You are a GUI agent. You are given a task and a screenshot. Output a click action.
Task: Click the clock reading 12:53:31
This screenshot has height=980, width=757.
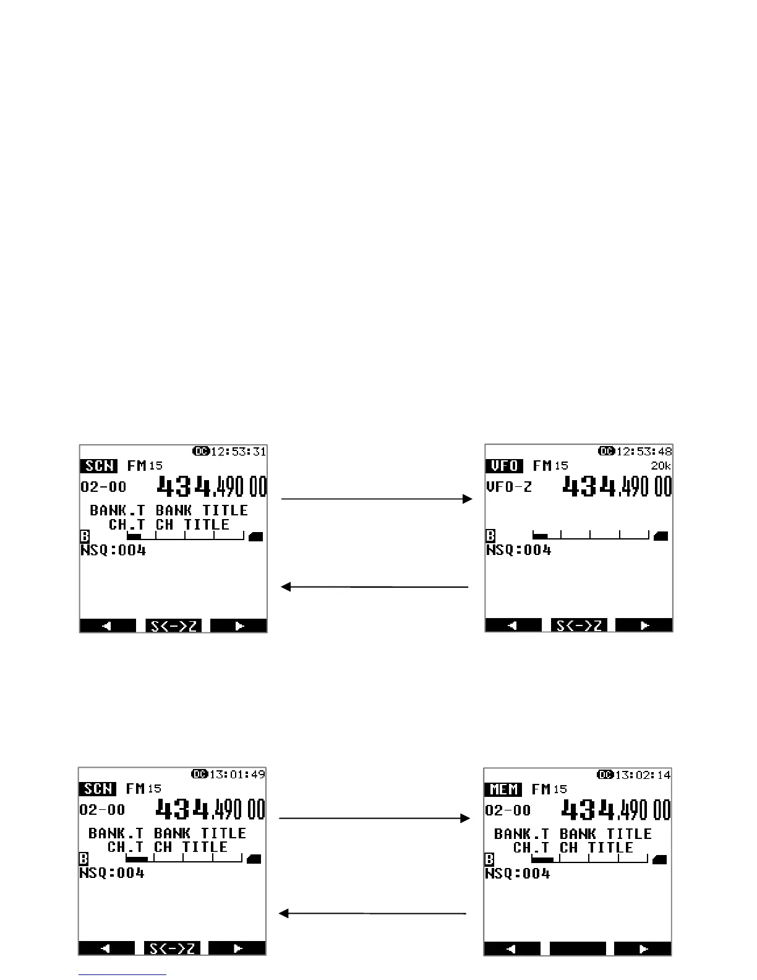239,451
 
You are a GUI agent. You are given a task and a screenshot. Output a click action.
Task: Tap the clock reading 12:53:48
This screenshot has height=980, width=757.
644,451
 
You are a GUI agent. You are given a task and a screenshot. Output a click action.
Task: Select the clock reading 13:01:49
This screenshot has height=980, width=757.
237,774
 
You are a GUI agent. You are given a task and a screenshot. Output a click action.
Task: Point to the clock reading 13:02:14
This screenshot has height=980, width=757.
643,775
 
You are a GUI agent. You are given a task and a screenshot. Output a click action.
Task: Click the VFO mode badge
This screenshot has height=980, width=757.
504,466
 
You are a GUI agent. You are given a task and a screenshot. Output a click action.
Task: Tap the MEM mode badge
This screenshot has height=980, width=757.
503,789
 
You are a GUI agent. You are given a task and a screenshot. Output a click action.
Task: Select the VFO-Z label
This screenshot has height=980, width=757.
508,487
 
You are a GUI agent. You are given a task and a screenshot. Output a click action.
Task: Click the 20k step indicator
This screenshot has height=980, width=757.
661,466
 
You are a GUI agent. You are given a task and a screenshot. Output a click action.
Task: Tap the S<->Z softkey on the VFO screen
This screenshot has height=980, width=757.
579,625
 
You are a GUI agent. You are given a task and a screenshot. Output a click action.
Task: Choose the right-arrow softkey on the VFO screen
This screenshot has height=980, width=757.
644,625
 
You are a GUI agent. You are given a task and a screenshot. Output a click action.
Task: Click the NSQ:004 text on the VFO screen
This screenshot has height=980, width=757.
518,550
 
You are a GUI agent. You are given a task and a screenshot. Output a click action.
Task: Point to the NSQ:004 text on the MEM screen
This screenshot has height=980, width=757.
517,874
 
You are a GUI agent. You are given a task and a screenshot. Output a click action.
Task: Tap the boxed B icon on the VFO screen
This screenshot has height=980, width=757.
490,536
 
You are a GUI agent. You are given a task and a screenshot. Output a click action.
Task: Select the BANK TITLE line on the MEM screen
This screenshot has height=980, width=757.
573,834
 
